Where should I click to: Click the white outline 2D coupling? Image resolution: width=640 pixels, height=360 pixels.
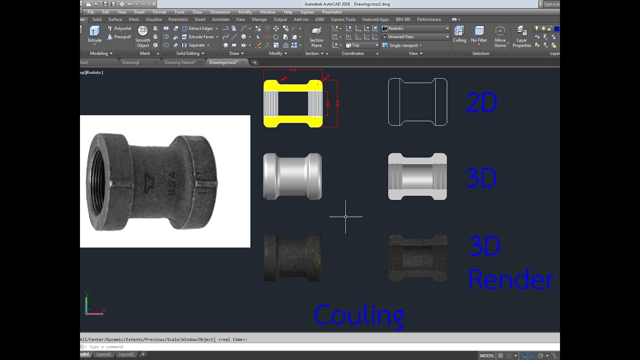tap(417, 102)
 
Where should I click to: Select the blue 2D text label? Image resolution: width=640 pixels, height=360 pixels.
tap(481, 103)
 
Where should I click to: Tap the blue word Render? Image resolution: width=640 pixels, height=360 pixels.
tap(510, 280)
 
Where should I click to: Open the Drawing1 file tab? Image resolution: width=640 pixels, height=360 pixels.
tap(131, 62)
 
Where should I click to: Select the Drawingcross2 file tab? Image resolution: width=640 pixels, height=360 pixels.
tap(223, 62)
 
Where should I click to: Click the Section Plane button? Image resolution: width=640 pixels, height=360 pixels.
tap(316, 36)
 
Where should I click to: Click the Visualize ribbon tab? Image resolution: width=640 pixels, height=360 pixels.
tap(153, 19)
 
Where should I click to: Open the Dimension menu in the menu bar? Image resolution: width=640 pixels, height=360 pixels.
tap(220, 12)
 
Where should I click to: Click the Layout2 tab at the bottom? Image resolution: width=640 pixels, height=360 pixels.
tap(126, 354)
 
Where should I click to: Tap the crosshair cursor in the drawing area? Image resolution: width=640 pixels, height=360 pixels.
tap(345, 216)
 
